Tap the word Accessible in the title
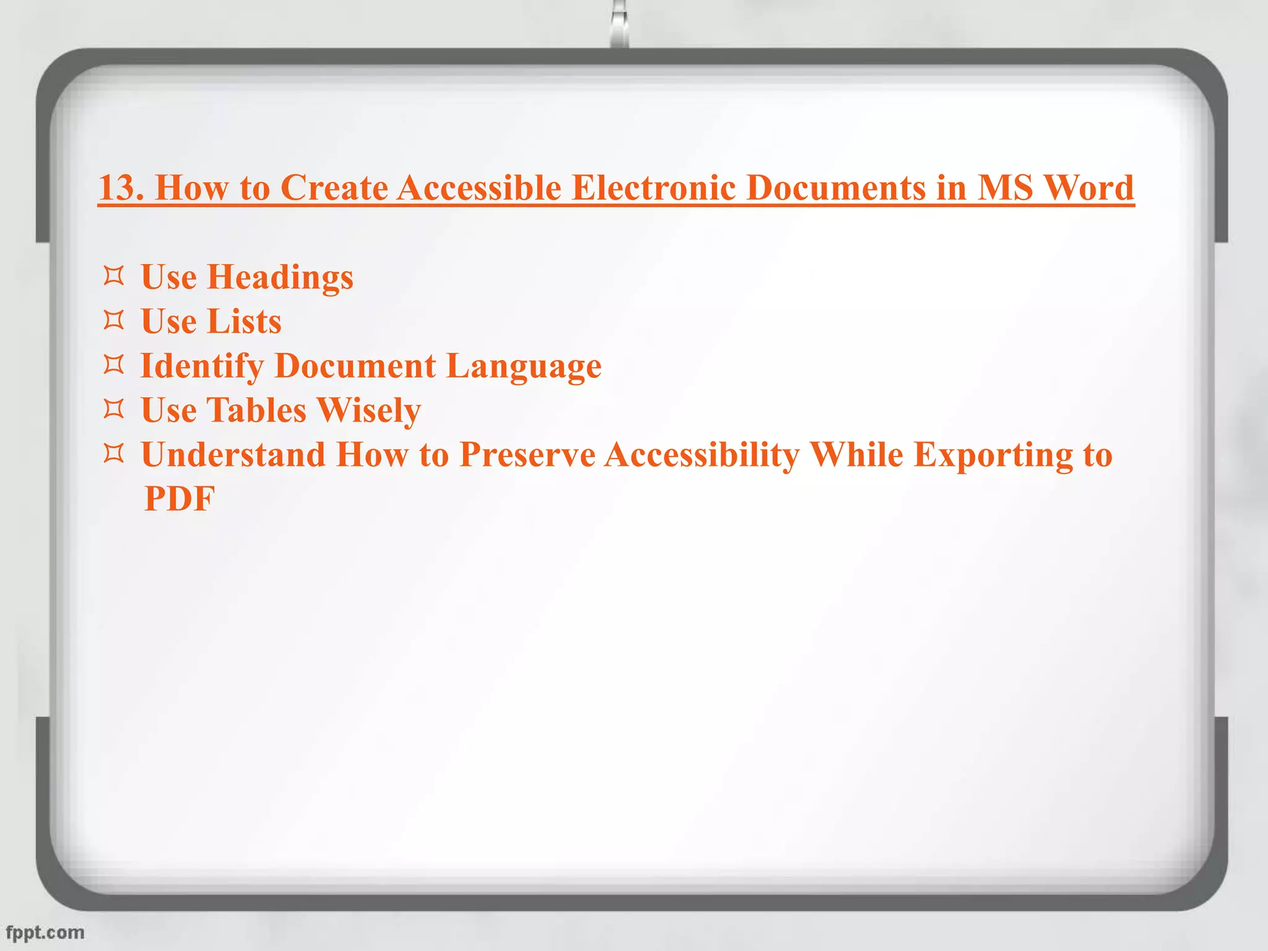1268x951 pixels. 479,187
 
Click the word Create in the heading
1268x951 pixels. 334,187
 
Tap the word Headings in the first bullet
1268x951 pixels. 280,277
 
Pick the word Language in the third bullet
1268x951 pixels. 524,367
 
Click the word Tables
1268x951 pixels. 256,410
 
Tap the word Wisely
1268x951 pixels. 369,411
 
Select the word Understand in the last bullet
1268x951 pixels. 233,454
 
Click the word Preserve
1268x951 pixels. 528,454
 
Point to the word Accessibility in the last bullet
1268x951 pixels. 702,456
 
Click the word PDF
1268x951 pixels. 180,498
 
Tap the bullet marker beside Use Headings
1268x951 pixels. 114,276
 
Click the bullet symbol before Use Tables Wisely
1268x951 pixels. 114,409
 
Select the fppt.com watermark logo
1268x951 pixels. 45,932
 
